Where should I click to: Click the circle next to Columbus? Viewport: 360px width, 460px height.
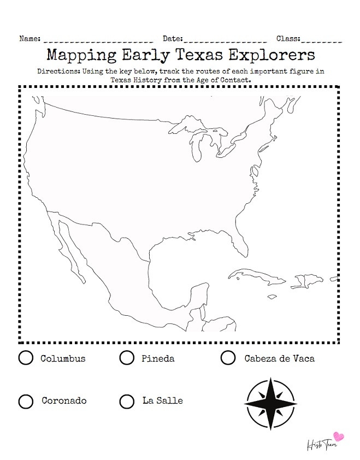click(26, 358)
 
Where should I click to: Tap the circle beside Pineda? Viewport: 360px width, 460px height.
click(127, 358)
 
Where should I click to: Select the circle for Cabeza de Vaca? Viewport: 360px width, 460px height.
click(228, 358)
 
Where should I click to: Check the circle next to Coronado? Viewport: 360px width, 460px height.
click(26, 401)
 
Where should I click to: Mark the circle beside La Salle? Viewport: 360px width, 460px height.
click(127, 401)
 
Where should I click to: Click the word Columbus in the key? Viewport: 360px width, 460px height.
click(63, 358)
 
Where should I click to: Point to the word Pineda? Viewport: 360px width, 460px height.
click(158, 358)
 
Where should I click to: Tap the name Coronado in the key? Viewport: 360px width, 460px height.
click(64, 401)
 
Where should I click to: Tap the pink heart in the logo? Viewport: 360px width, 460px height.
click(339, 437)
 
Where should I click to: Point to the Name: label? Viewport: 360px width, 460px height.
click(30, 39)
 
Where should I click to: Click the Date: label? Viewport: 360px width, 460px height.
click(173, 39)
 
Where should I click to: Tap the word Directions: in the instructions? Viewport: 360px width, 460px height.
click(58, 72)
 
